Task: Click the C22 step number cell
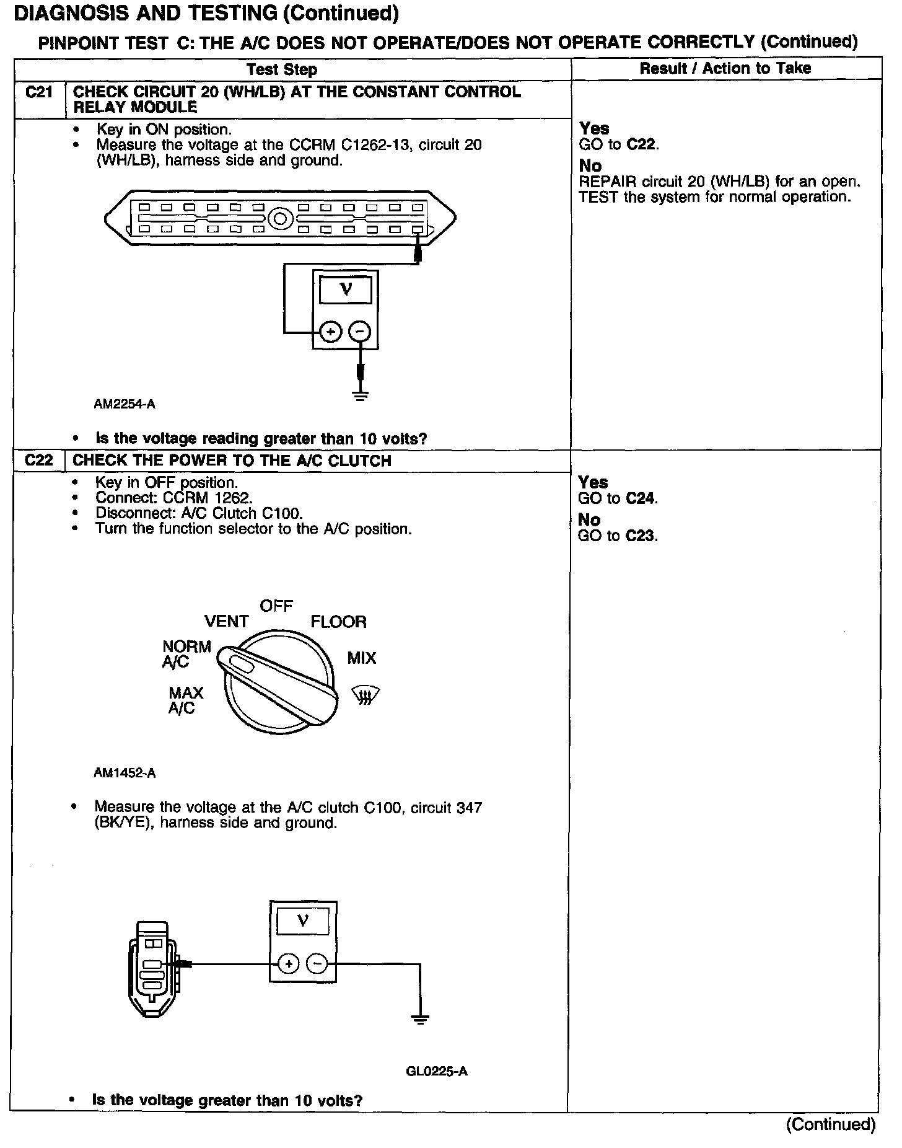[x=38, y=461]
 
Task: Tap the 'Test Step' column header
[x=282, y=69]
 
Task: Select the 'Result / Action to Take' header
[x=725, y=68]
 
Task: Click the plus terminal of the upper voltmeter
[x=331, y=332]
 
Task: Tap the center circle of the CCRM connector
[x=280, y=219]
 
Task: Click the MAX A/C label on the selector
[x=185, y=700]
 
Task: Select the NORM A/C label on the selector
[x=186, y=654]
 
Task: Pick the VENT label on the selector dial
[x=226, y=621]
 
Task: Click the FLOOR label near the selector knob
[x=338, y=621]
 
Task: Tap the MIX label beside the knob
[x=362, y=658]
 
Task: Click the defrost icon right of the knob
[x=366, y=695]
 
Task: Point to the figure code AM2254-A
[x=125, y=404]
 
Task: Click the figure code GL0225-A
[x=437, y=1071]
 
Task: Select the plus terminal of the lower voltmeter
[x=288, y=964]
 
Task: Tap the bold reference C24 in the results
[x=642, y=498]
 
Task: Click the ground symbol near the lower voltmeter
[x=420, y=1018]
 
